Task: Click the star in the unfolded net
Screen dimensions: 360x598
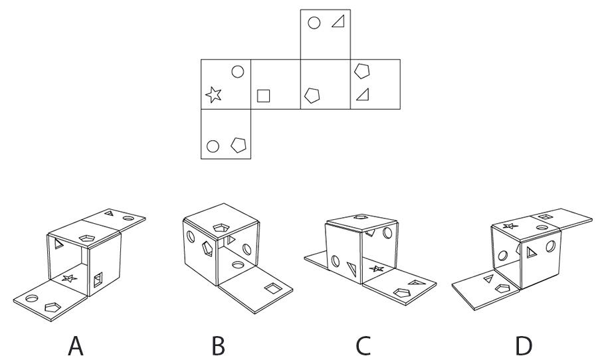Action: point(213,95)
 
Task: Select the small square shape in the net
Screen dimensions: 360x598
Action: point(263,96)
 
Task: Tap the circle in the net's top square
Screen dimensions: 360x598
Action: point(314,23)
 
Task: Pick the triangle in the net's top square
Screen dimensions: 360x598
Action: point(338,23)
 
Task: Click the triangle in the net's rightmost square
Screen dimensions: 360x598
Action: point(362,96)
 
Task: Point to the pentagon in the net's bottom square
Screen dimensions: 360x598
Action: point(237,145)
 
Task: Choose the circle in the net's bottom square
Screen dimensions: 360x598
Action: point(213,145)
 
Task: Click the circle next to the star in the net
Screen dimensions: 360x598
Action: point(237,71)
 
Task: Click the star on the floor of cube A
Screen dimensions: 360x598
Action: point(68,279)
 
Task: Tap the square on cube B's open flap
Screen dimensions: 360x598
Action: point(273,288)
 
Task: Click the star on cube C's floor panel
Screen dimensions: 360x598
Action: point(377,269)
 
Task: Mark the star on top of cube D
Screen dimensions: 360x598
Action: point(511,226)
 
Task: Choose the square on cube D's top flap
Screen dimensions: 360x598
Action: point(544,217)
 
